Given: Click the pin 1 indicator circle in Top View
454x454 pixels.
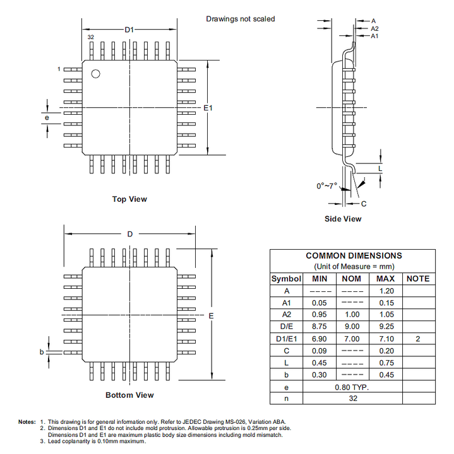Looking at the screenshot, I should click(x=95, y=74).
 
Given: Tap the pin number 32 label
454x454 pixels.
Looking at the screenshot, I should click(x=91, y=38).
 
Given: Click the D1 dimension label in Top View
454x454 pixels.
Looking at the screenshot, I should click(x=129, y=30).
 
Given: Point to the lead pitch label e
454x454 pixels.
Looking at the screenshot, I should click(x=46, y=118).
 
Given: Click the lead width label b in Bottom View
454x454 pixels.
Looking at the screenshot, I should click(x=42, y=352).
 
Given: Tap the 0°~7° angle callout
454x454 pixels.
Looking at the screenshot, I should click(x=327, y=186).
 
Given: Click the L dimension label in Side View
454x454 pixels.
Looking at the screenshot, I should click(x=380, y=169).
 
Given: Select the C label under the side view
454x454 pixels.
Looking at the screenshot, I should click(x=364, y=204).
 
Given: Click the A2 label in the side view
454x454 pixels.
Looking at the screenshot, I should click(x=374, y=28).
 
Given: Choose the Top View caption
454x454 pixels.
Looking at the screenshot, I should click(x=129, y=199).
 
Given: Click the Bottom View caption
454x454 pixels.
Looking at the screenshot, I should click(x=129, y=395).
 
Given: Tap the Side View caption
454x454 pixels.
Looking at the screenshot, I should click(x=343, y=219).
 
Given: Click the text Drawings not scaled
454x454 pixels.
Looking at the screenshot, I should click(x=241, y=19).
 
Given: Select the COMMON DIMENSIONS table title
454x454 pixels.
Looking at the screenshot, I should click(x=354, y=256).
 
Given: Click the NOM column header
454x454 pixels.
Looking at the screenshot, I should click(x=351, y=279).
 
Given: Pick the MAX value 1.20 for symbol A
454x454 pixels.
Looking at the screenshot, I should click(x=385, y=291).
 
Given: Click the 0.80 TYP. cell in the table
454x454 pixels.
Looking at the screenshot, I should click(x=352, y=387).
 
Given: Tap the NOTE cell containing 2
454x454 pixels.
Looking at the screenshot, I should click(x=418, y=339).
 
